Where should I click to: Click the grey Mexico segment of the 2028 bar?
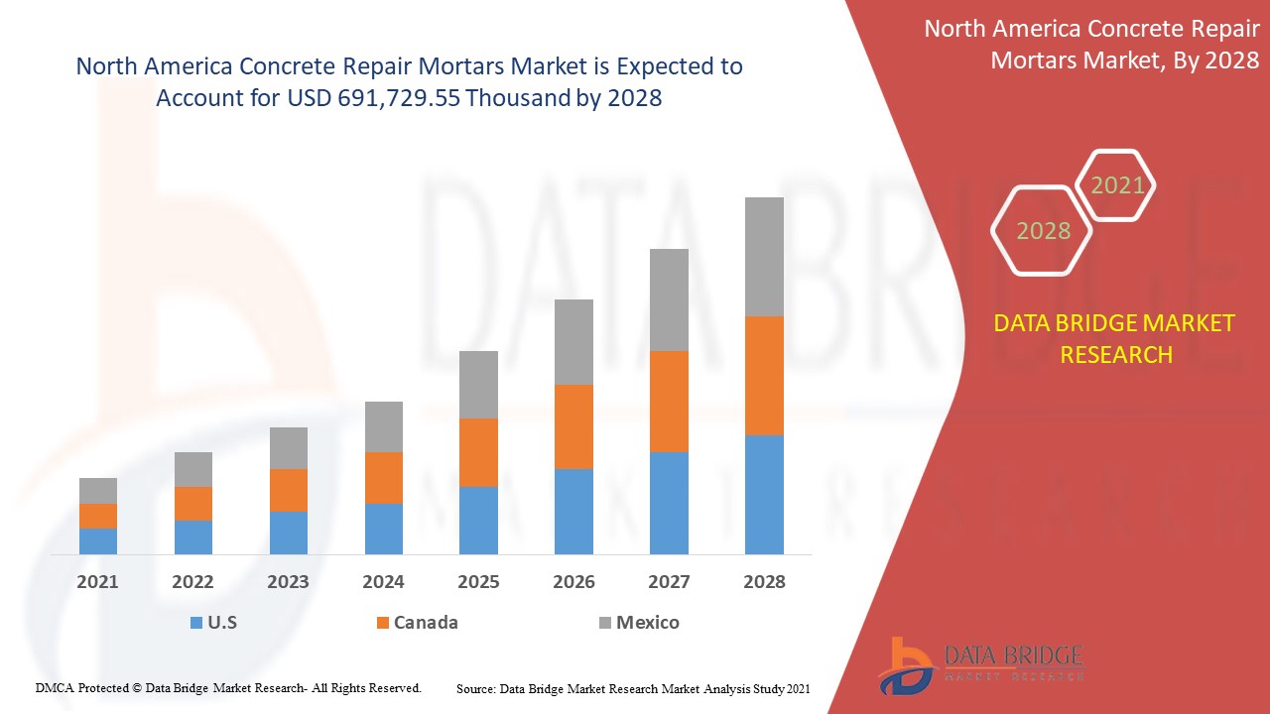coord(764,257)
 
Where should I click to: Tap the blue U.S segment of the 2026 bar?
coord(573,511)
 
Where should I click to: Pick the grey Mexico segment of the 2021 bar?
coord(98,491)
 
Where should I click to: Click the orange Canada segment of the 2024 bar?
coord(384,478)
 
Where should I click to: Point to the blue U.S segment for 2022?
coord(193,536)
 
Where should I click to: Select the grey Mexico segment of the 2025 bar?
coord(478,385)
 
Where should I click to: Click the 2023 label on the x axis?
coord(288,582)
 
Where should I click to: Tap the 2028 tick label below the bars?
coord(764,582)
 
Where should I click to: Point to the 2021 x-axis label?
coord(97,582)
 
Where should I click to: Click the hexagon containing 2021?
coord(1117,184)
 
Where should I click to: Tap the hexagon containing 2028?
coord(1043,231)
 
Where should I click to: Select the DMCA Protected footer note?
coord(228,687)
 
